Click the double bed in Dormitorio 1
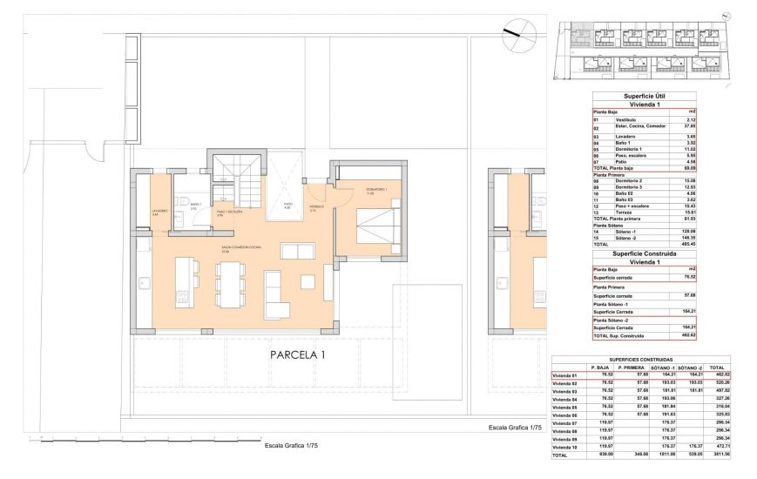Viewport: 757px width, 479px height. [376, 226]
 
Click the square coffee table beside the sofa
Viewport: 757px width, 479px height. [309, 284]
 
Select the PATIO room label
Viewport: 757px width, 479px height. [287, 206]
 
